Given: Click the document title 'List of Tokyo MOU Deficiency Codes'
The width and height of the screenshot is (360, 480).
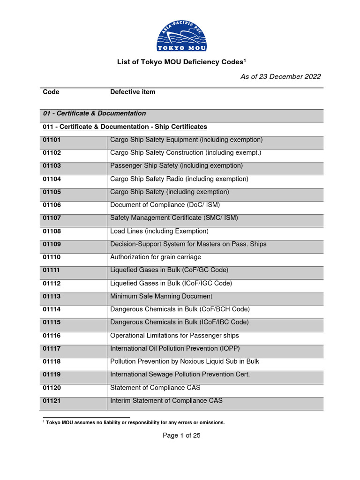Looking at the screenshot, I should pos(181,62).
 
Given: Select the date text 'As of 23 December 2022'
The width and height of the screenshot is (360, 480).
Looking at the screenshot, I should pos(281,77).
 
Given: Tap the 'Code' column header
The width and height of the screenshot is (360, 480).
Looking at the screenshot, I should pos(51,92).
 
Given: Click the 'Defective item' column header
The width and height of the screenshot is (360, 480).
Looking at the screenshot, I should pos(133,92).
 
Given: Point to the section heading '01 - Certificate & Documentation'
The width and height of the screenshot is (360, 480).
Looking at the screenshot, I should pos(94,113).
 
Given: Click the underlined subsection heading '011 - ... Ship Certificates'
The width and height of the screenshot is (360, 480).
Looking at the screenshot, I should pos(125,127).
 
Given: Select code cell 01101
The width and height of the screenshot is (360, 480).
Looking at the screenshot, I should pos(52,140).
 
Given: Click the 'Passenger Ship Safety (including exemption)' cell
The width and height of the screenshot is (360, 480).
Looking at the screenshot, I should pos(176,165).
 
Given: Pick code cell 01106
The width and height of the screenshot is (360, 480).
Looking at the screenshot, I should pos(52,205).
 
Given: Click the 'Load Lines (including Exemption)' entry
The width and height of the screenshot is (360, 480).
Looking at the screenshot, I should pos(159,231).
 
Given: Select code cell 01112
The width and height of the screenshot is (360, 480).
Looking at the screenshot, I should pos(52,283).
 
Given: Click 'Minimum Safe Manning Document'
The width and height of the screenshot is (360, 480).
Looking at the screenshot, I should pos(161,296).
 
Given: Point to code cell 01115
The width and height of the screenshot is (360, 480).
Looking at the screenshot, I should pos(52,322).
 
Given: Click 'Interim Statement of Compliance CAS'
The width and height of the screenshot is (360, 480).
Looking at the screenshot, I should pos(166,401).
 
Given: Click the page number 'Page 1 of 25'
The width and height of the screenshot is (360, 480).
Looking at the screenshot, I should pos(181,435).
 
